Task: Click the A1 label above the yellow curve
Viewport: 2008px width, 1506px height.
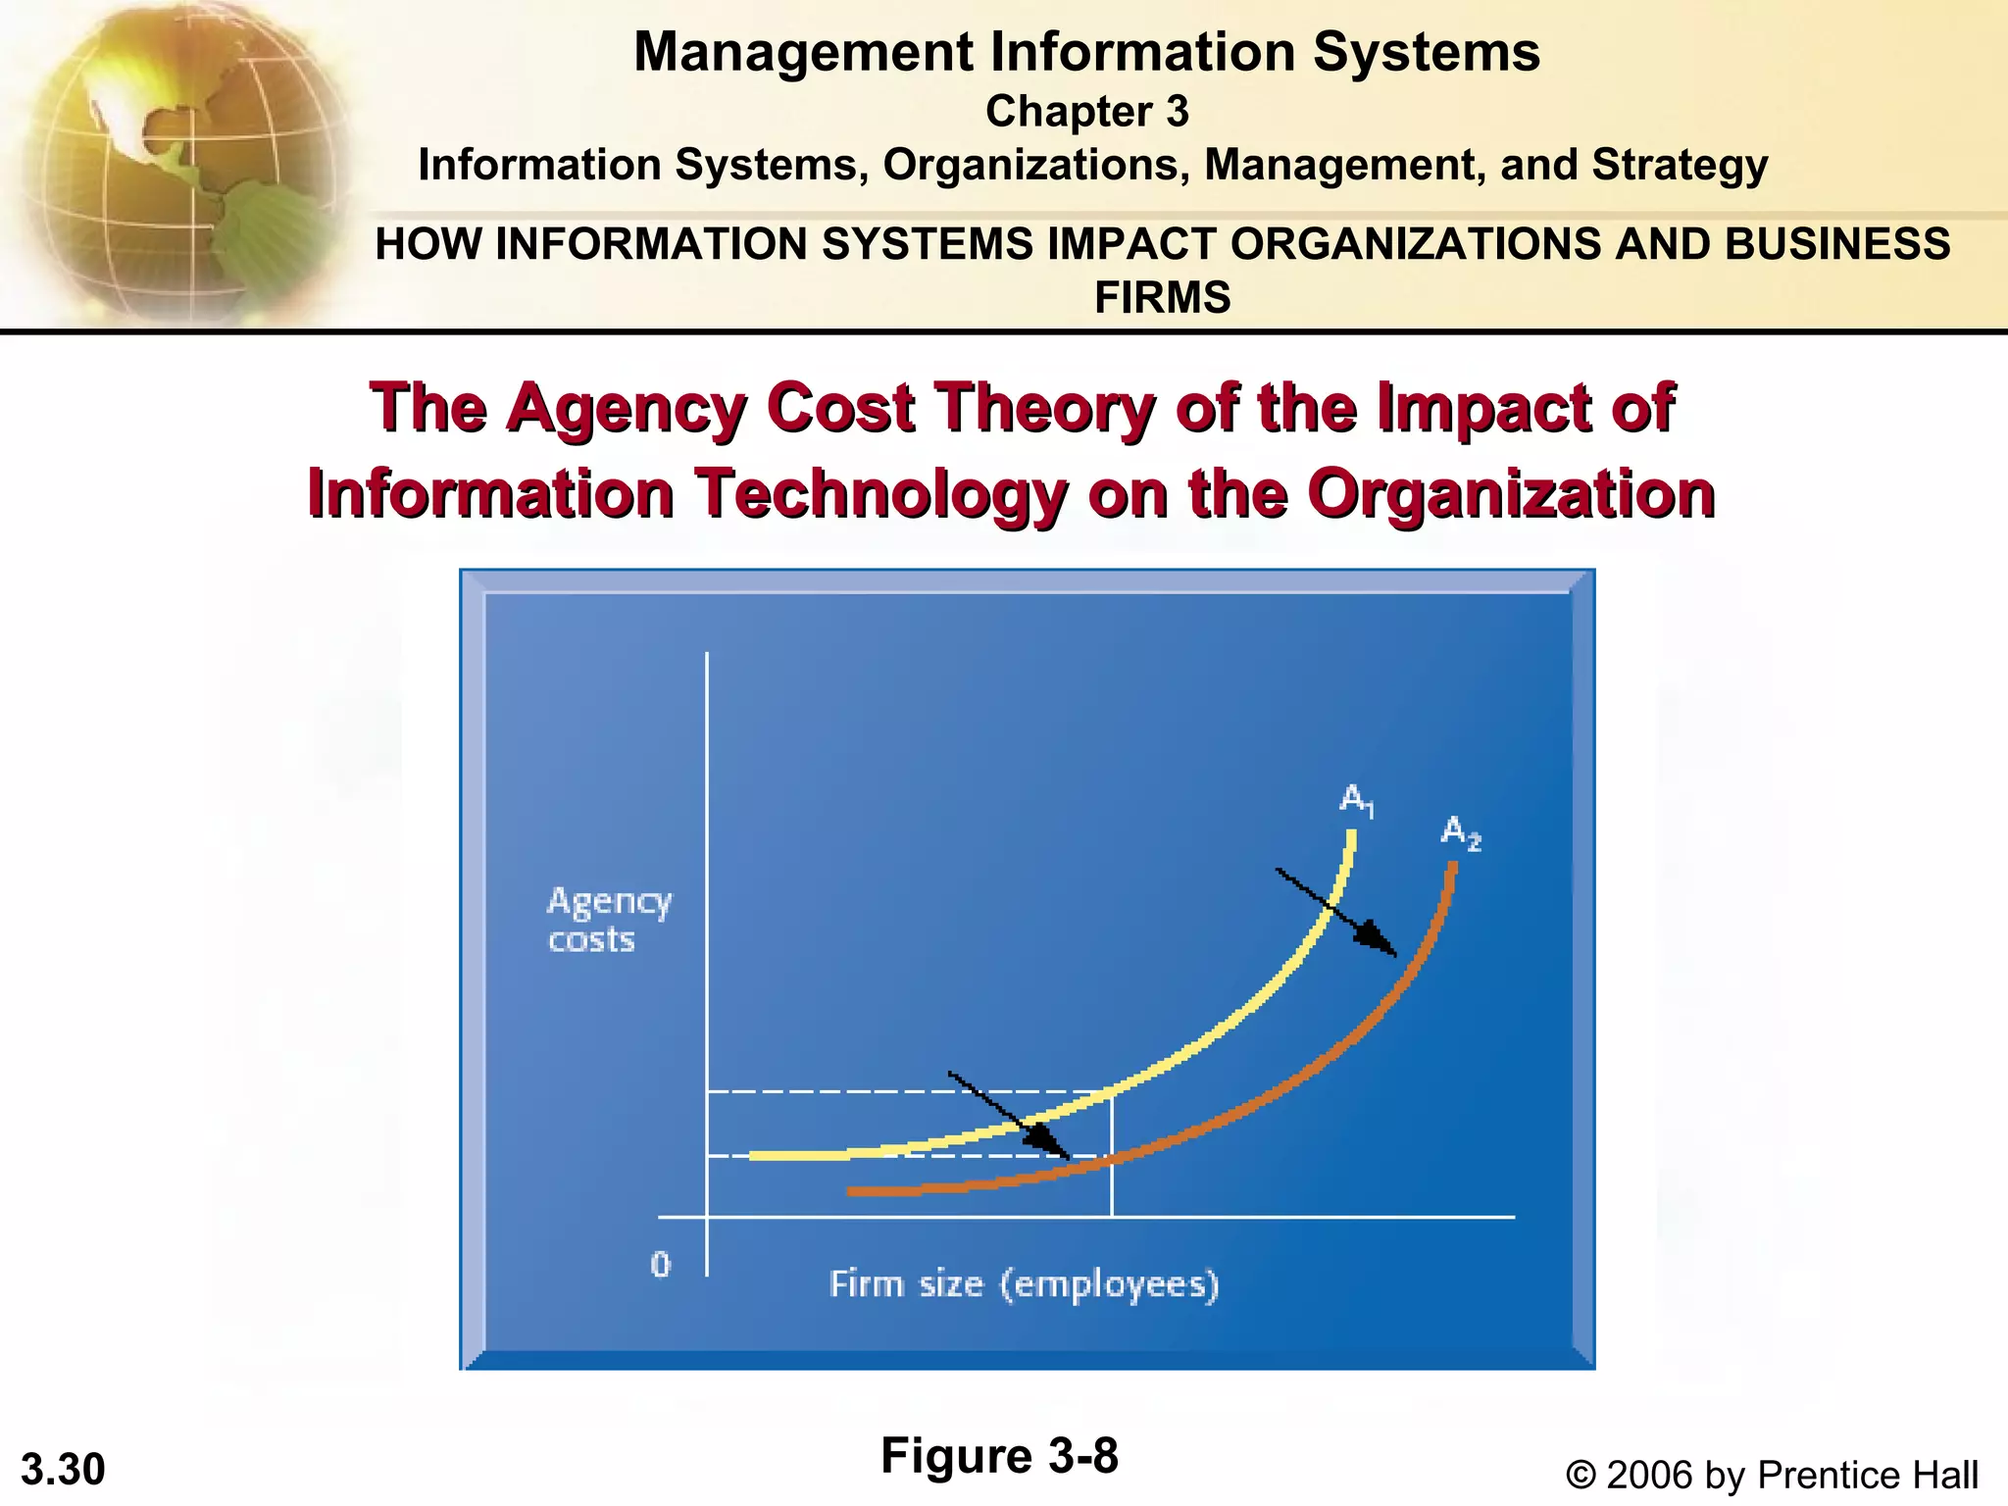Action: [1357, 800]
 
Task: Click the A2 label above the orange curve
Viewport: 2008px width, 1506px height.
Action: [1460, 833]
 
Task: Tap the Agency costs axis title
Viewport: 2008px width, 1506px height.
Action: [608, 920]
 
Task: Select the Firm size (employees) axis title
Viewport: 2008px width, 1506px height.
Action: [1024, 1283]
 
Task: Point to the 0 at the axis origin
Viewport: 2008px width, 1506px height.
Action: [661, 1265]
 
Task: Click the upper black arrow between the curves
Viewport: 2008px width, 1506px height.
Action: [1335, 912]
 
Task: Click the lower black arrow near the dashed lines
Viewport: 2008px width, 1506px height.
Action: [1010, 1115]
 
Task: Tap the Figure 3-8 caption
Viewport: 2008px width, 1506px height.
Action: [999, 1455]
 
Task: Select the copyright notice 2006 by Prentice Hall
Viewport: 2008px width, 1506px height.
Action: [1772, 1475]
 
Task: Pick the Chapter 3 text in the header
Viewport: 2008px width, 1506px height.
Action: [1086, 112]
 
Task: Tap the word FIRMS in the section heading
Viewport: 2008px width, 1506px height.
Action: [1162, 297]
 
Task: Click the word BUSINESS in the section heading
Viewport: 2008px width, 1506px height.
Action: [1837, 244]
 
